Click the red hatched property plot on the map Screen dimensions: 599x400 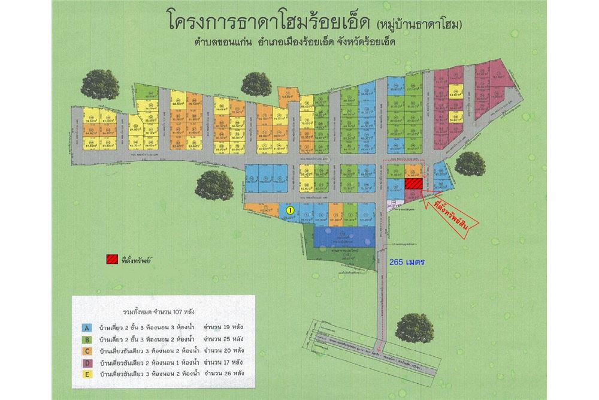pos(413,184)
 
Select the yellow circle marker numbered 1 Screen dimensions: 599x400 pos(289,210)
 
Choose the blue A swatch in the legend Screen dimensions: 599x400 pos(87,328)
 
